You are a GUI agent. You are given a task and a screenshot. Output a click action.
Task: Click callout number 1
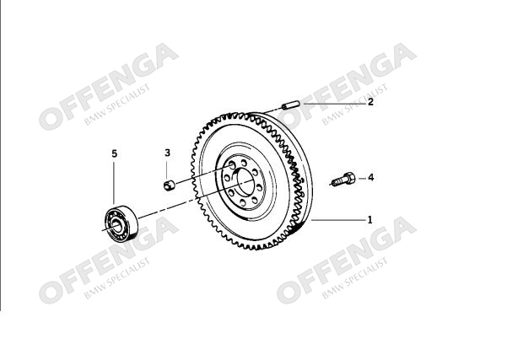click(369, 220)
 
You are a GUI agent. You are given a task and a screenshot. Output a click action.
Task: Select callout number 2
click(370, 102)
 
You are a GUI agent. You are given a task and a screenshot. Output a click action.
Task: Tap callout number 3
click(167, 153)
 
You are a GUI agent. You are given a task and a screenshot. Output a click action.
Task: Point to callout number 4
click(370, 177)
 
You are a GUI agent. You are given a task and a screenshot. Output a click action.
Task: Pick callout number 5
click(114, 153)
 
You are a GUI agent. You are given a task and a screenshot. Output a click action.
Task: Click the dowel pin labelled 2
click(291, 105)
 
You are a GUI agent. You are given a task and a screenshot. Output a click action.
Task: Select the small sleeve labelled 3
click(169, 185)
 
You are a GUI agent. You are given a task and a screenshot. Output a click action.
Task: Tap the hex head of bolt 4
click(348, 179)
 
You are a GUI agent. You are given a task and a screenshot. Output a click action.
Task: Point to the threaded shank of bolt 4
click(337, 181)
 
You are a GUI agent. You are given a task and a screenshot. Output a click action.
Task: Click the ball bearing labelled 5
click(121, 223)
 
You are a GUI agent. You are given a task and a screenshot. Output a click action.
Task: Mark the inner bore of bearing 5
click(116, 226)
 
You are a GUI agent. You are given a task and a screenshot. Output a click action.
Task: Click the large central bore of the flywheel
click(245, 182)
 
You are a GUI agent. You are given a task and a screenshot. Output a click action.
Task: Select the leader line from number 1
click(338, 220)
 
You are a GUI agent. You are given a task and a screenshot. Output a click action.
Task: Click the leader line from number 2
click(334, 104)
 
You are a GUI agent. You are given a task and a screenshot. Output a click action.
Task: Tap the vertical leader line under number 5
click(114, 183)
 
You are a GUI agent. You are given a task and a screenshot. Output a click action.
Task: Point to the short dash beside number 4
click(362, 179)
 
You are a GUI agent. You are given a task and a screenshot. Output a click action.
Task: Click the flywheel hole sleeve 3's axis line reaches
click(231, 166)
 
